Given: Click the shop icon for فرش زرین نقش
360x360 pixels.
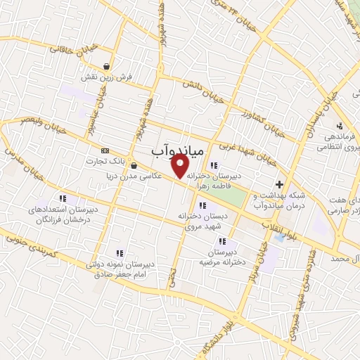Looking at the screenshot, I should click(106, 67).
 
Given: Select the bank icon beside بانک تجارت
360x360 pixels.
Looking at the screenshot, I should click(105, 150).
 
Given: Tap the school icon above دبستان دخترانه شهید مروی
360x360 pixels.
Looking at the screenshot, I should click(203, 206).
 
